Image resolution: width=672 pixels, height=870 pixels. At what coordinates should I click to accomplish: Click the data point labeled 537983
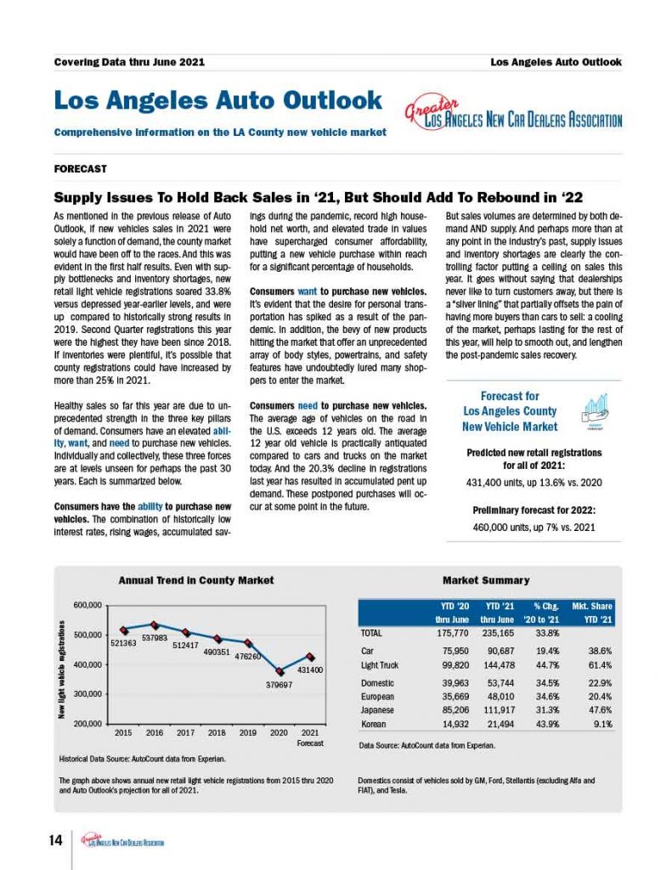click(154, 624)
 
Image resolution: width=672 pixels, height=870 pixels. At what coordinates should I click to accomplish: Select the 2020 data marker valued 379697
click(280, 671)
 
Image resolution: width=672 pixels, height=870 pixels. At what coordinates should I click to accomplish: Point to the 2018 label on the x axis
click(217, 732)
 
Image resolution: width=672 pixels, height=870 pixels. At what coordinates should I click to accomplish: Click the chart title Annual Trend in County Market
click(195, 580)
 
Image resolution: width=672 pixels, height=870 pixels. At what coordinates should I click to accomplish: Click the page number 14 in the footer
click(56, 841)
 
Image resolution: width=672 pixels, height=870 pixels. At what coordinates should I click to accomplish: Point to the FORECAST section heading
click(80, 169)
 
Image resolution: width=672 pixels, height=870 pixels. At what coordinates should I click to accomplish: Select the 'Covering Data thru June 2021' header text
click(129, 62)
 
